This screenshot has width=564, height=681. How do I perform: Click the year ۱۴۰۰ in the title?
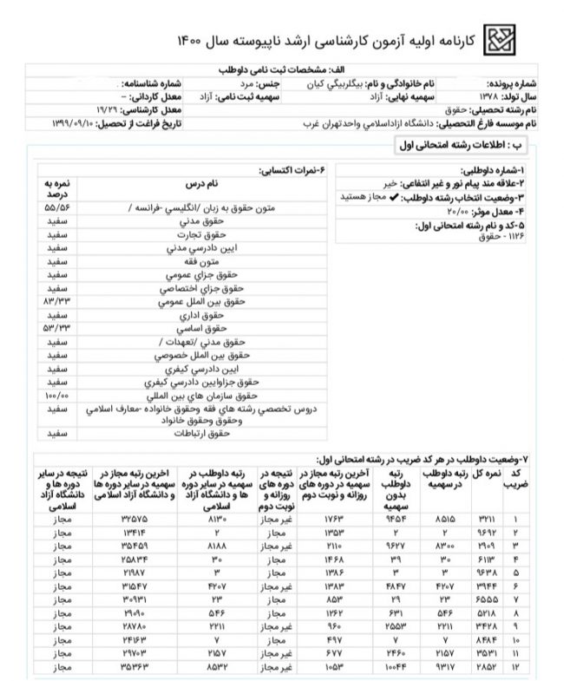pyautogui.click(x=192, y=41)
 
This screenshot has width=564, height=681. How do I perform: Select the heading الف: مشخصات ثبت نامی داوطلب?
pyautogui.click(x=283, y=69)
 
